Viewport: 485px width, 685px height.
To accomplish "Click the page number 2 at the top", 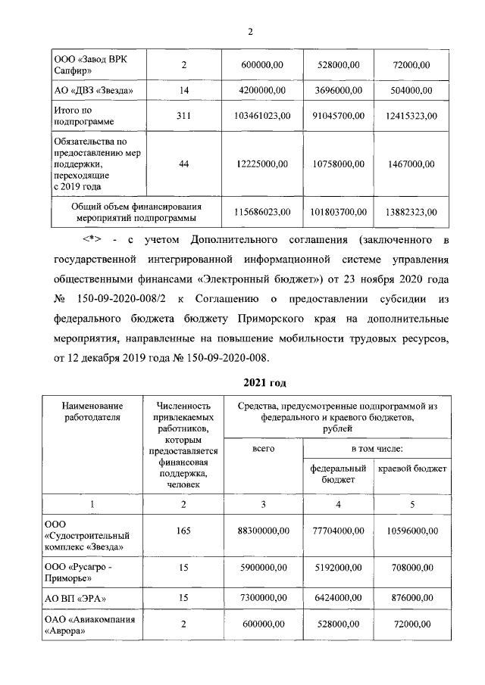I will (x=249, y=31).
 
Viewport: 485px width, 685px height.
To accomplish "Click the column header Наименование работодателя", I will (x=92, y=412).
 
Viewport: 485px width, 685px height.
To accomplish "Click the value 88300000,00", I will (x=260, y=531).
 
